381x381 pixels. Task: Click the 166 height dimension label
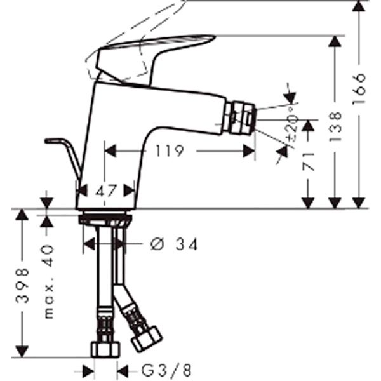359,88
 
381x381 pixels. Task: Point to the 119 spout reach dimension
170,151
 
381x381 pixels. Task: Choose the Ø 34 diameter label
173,243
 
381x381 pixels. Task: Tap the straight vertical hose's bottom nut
104,349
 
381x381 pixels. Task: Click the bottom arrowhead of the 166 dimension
359,203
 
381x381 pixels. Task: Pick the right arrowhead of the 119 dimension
250,151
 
